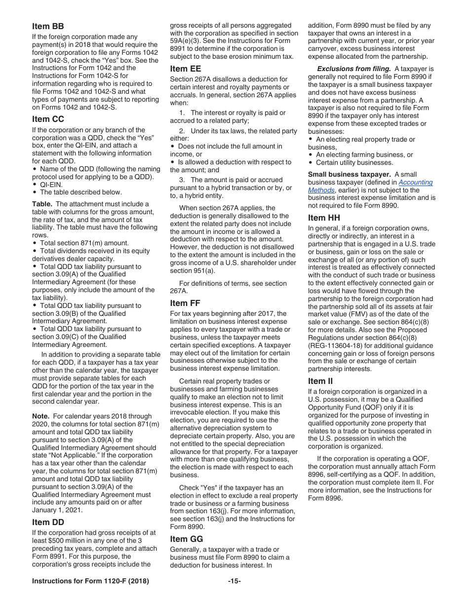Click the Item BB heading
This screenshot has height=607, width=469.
point(48,26)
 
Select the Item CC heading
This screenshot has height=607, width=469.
point(48,119)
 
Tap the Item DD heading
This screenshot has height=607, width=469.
point(48,522)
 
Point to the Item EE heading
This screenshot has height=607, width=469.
point(186,69)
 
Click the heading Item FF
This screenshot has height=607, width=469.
point(185,303)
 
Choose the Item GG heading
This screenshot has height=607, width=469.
point(187,539)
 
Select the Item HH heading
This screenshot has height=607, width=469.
point(324,218)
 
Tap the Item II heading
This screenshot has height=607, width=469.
point(320,381)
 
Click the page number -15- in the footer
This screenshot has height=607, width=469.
point(234,581)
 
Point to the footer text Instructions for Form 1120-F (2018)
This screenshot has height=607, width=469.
point(90,581)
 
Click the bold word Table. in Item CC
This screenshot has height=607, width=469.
point(43,204)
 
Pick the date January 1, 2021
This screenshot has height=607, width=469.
point(57,510)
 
